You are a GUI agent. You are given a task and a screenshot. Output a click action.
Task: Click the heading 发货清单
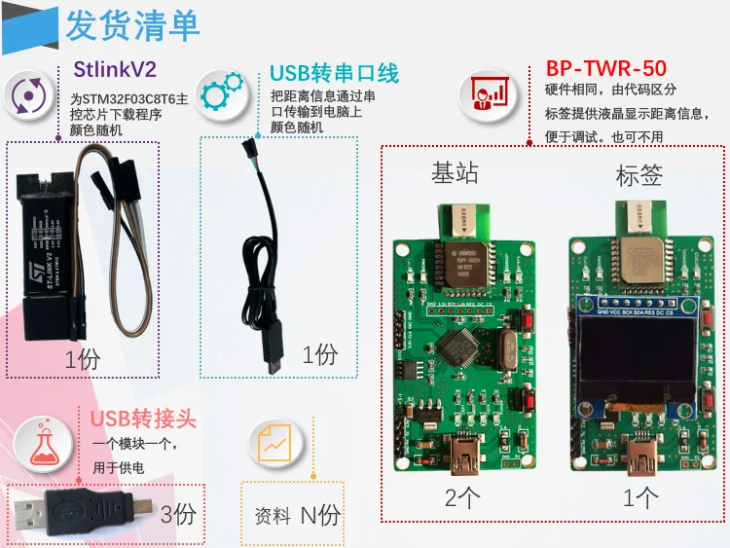132,26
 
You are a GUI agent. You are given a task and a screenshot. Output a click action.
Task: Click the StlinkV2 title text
115,69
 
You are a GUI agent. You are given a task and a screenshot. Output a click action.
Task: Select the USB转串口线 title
334,73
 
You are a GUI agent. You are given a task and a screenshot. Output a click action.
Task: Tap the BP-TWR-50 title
606,68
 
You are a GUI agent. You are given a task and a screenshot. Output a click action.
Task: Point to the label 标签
639,176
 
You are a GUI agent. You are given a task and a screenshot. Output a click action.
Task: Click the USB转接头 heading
143,420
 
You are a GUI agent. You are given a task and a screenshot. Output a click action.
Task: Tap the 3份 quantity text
178,513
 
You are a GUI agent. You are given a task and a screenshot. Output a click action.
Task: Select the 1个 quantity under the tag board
640,498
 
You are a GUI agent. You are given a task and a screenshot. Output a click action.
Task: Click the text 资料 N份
297,515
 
